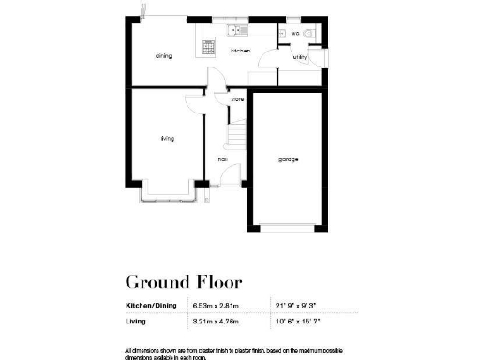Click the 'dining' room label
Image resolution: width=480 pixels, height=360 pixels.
[x=163, y=56]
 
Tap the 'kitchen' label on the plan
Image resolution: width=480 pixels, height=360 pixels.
[x=240, y=51]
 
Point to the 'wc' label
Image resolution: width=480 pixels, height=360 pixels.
[x=294, y=34]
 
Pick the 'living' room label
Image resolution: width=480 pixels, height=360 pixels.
[x=167, y=138]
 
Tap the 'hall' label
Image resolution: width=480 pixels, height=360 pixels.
[x=223, y=159]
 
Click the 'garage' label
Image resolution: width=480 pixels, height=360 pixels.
[x=288, y=159]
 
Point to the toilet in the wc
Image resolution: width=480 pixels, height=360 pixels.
[x=313, y=34]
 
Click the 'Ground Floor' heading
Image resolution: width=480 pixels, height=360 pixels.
[x=183, y=281]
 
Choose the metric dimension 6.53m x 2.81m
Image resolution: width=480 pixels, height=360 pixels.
[x=217, y=306]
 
